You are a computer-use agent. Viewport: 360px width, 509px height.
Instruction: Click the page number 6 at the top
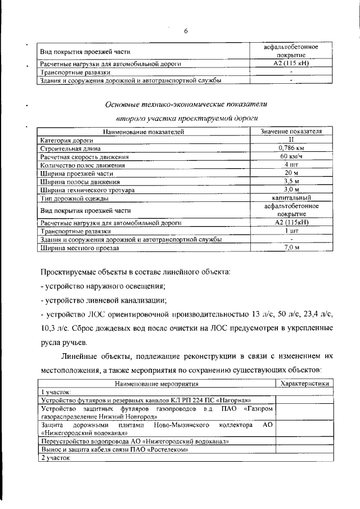(x=185, y=31)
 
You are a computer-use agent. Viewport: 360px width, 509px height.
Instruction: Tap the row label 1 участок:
(x=56, y=391)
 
